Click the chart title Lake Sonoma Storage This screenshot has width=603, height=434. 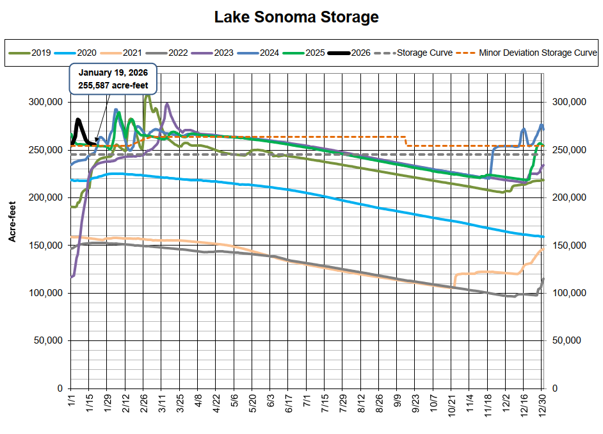(296, 17)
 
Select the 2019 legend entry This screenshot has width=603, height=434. (39, 53)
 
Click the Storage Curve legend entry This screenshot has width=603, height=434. (424, 53)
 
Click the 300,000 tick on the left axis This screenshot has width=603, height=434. (45, 102)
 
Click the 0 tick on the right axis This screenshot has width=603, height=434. (554, 388)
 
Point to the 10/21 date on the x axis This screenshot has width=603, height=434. (451, 408)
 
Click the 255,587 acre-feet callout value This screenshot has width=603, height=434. (113, 85)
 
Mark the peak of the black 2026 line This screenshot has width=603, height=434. (78, 119)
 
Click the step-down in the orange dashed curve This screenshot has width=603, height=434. (406, 141)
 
